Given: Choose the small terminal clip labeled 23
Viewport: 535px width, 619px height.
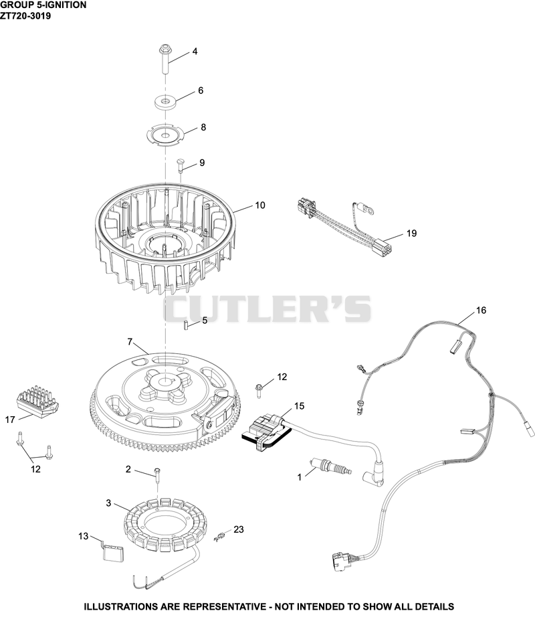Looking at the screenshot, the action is click(x=219, y=537).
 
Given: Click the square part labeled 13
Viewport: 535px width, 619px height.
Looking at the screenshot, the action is click(x=112, y=551).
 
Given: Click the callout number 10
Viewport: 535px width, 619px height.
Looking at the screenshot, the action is click(x=260, y=205).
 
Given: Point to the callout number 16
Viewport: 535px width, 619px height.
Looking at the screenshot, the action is click(x=481, y=311).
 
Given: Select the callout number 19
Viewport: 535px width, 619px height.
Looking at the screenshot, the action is click(x=411, y=234).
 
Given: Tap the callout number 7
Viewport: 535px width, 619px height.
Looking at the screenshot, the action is click(x=130, y=341).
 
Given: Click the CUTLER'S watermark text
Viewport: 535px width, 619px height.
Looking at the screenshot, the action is click(x=267, y=308).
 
